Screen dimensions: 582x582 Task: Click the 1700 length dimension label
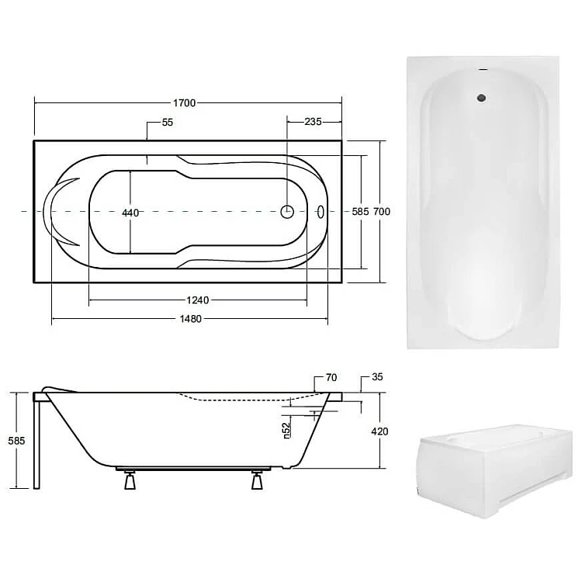coord(184,102)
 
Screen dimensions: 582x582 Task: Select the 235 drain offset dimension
coord(313,122)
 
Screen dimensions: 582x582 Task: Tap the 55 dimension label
coord(168,123)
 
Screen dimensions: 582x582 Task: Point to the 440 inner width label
coord(130,213)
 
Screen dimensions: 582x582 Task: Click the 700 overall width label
coord(382,212)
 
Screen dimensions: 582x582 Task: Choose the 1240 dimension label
coord(197,300)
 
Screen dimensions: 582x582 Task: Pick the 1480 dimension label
coord(190,319)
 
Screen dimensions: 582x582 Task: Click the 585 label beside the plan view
coord(360,212)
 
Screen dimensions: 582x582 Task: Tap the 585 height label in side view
coord(16,441)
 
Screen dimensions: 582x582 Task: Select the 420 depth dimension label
coord(379,431)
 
